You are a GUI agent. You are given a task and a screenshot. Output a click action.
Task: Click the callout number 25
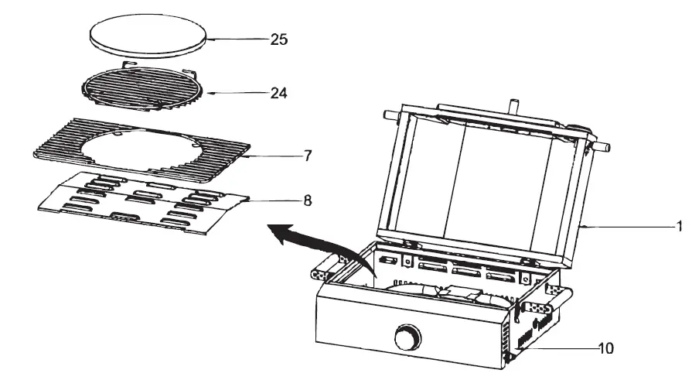(x=278, y=39)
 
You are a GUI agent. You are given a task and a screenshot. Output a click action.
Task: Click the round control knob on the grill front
(x=406, y=338)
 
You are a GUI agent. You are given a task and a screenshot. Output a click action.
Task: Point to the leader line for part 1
(x=626, y=227)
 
